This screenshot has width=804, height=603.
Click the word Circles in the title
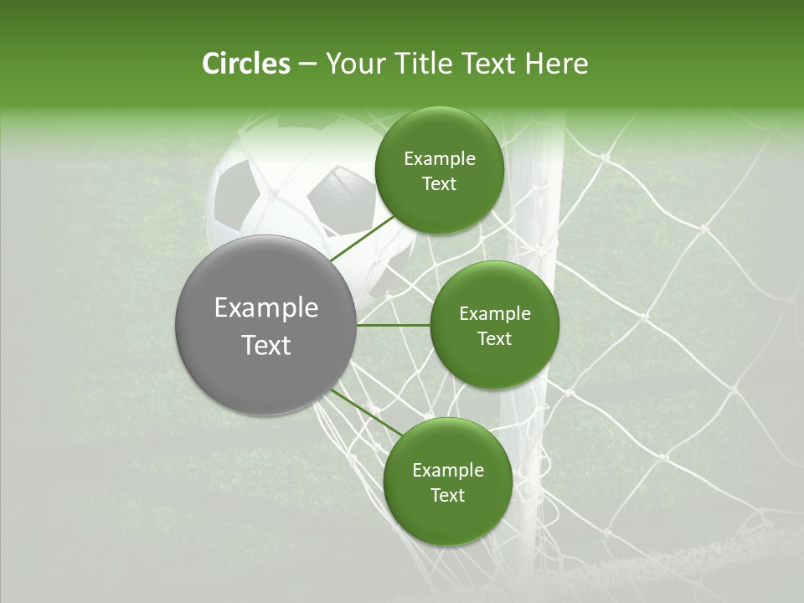click(245, 64)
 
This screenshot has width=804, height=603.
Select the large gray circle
click(266, 325)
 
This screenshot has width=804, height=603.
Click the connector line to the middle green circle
click(394, 325)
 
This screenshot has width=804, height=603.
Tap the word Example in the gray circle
click(266, 308)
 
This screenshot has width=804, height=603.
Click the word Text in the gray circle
click(266, 345)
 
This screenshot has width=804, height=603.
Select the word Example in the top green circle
click(440, 159)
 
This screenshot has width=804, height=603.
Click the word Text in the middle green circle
click(494, 339)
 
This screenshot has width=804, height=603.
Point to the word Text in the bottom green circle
click(447, 495)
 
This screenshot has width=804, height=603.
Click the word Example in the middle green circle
click(495, 314)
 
